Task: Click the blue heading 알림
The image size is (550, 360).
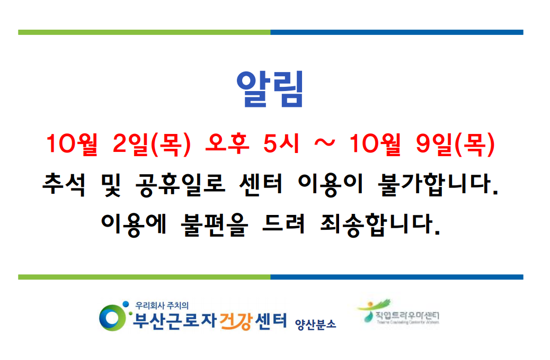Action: (x=270, y=89)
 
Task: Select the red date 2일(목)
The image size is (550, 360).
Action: (x=152, y=145)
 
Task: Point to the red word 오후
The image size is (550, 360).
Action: (x=227, y=145)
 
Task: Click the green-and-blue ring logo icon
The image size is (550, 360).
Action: (x=111, y=317)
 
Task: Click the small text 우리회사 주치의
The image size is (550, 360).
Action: (x=162, y=305)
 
